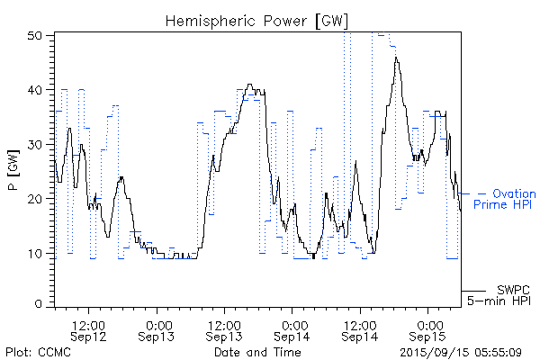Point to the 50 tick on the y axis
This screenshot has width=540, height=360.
tap(35, 35)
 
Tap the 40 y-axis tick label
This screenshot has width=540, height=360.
tap(35, 90)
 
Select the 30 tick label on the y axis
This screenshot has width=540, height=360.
tap(35, 144)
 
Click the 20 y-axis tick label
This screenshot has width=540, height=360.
tap(35, 198)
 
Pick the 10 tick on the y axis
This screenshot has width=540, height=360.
tap(35, 253)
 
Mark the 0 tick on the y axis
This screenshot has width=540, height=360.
tap(39, 304)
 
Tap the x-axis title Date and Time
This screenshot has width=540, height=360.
tap(257, 352)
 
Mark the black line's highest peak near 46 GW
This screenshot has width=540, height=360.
tap(396, 58)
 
